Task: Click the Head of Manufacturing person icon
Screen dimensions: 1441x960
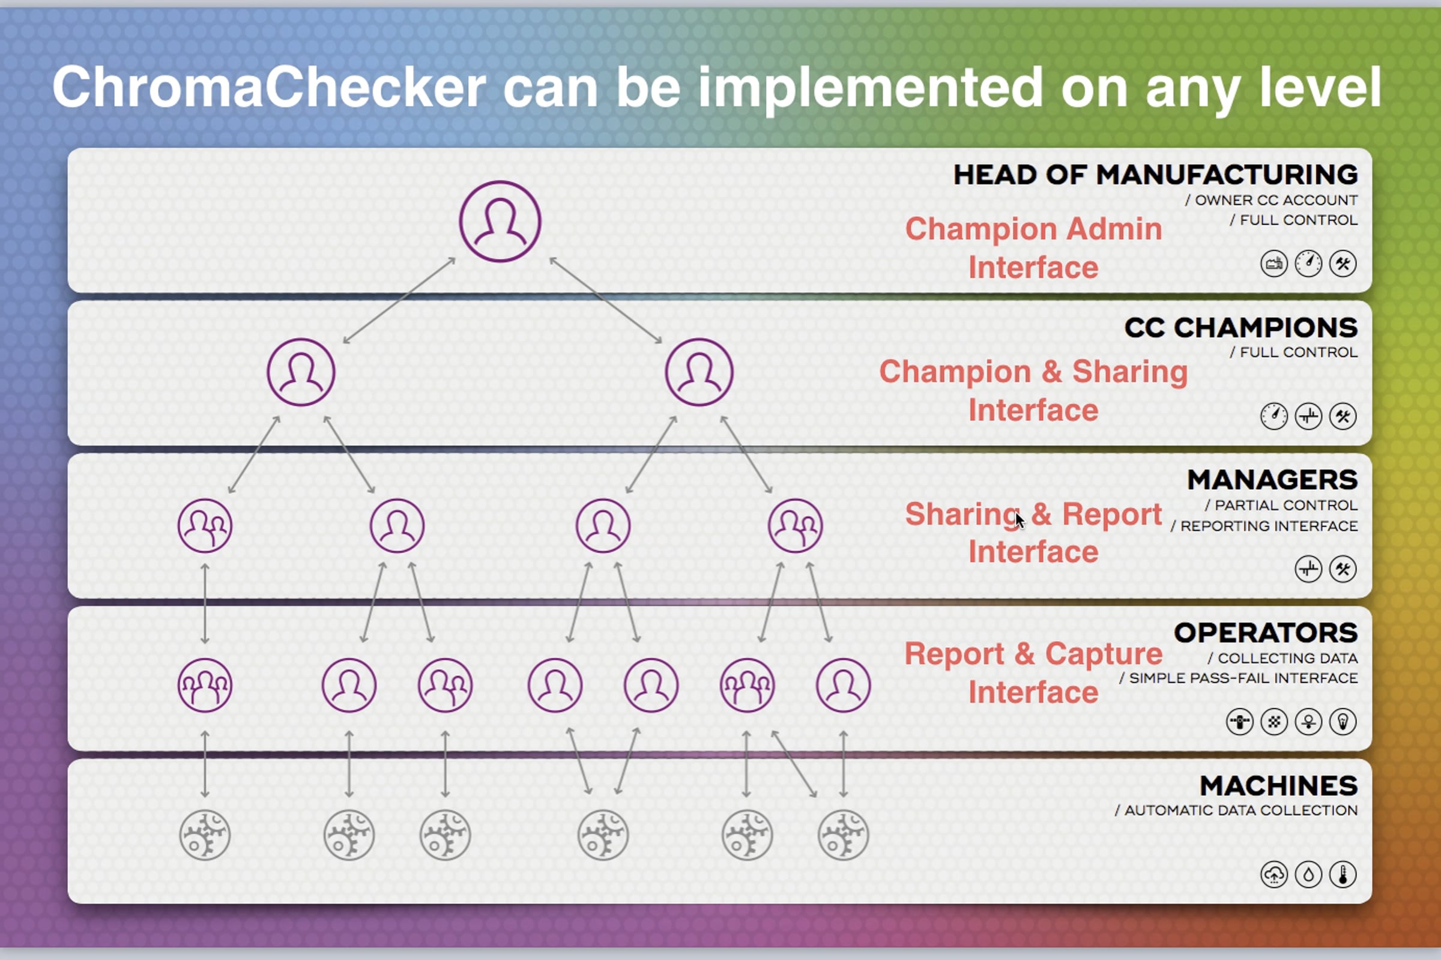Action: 500,221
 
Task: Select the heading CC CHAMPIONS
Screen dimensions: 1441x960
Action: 1241,328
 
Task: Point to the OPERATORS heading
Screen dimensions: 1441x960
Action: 1266,632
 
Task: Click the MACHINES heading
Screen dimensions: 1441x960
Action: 1279,785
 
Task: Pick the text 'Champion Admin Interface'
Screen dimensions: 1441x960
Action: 1033,248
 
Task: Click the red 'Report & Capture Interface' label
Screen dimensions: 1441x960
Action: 1033,673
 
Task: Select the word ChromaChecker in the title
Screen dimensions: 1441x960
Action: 270,88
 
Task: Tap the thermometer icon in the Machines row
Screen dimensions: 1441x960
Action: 1343,874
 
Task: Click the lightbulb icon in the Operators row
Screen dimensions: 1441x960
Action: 1343,722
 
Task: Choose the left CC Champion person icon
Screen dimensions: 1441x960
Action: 301,372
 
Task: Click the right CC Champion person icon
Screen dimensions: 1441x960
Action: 699,372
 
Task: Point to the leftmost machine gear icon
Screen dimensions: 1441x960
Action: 205,835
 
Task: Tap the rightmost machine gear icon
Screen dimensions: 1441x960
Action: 844,835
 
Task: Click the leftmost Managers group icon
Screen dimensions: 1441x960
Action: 205,526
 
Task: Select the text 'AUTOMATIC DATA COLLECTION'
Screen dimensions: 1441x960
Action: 1241,811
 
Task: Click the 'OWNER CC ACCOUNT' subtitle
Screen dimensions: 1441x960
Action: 1276,200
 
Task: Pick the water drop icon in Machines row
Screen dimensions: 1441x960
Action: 1309,874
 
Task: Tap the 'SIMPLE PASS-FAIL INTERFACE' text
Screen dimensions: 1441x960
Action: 1243,678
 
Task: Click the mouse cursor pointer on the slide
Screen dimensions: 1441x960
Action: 1020,520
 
